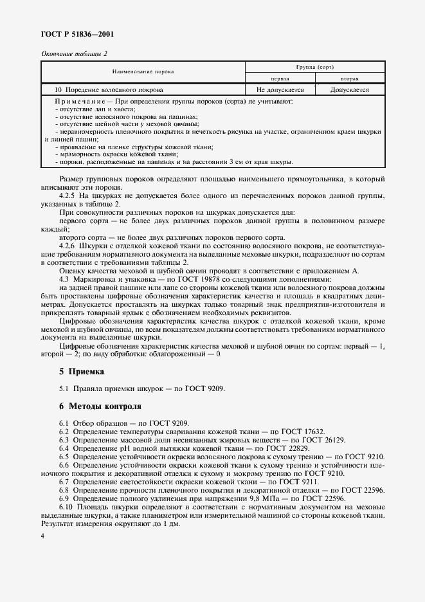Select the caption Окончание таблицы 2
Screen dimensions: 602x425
coord(75,54)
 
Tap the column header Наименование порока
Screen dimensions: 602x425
coord(143,71)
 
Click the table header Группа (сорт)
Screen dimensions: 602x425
coord(314,67)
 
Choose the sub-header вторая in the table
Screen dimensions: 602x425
coord(349,78)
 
